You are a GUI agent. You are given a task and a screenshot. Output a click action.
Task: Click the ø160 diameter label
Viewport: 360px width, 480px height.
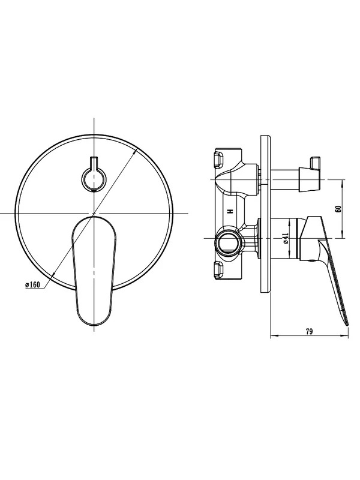33,285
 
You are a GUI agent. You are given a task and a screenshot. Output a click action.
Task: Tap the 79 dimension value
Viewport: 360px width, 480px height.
309,332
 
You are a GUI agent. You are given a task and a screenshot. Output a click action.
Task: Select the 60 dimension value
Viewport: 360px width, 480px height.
338,209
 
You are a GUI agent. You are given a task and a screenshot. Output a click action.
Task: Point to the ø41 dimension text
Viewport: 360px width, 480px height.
286,238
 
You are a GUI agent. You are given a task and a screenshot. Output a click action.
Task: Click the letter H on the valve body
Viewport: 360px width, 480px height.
230,212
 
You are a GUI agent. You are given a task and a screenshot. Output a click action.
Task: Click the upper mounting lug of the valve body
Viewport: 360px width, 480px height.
220,160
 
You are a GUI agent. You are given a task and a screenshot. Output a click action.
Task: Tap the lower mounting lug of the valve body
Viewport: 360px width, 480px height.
220,269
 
